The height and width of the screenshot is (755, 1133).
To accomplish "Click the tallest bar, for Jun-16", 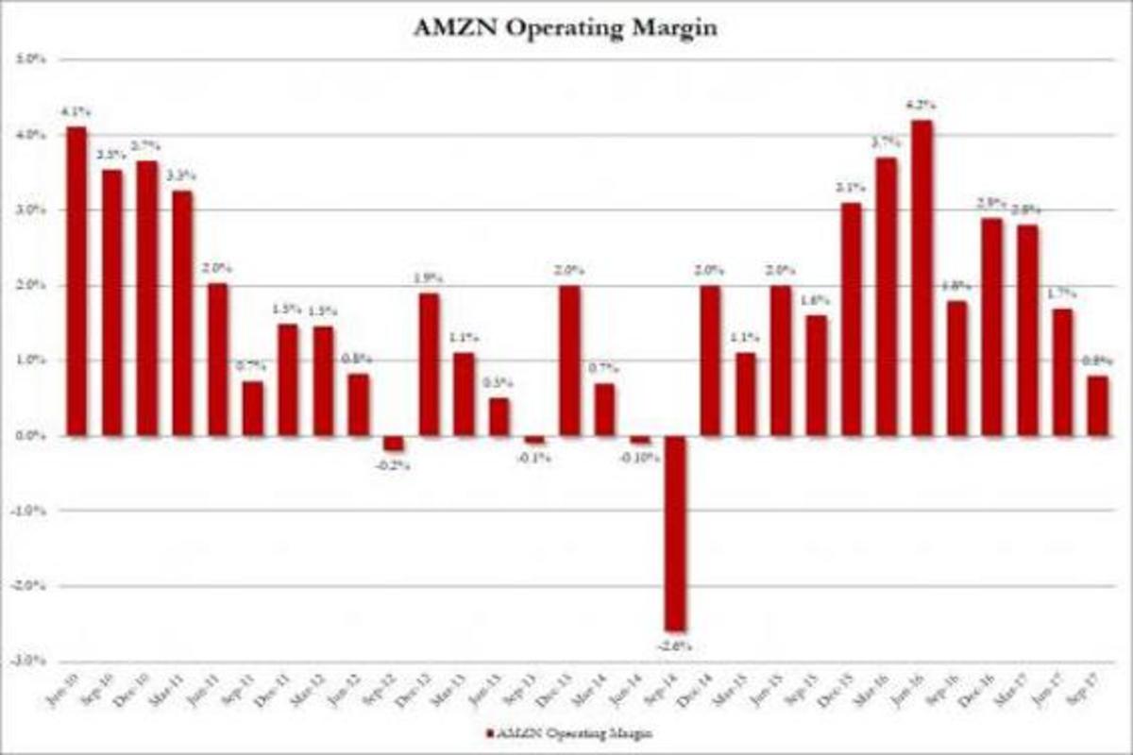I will (922, 278).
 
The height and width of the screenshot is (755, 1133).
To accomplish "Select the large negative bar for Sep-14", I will (676, 533).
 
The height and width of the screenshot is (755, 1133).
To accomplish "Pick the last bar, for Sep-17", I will (1097, 406).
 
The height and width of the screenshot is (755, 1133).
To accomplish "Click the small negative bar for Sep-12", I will (394, 444).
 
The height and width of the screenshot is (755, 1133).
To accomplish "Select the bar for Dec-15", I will (852, 319).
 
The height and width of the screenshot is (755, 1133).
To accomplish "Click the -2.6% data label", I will (676, 646).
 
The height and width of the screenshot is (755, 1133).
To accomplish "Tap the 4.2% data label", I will (922, 106).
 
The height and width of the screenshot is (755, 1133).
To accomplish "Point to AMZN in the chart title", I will (448, 27).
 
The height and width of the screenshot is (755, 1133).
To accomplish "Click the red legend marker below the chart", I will (489, 733).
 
